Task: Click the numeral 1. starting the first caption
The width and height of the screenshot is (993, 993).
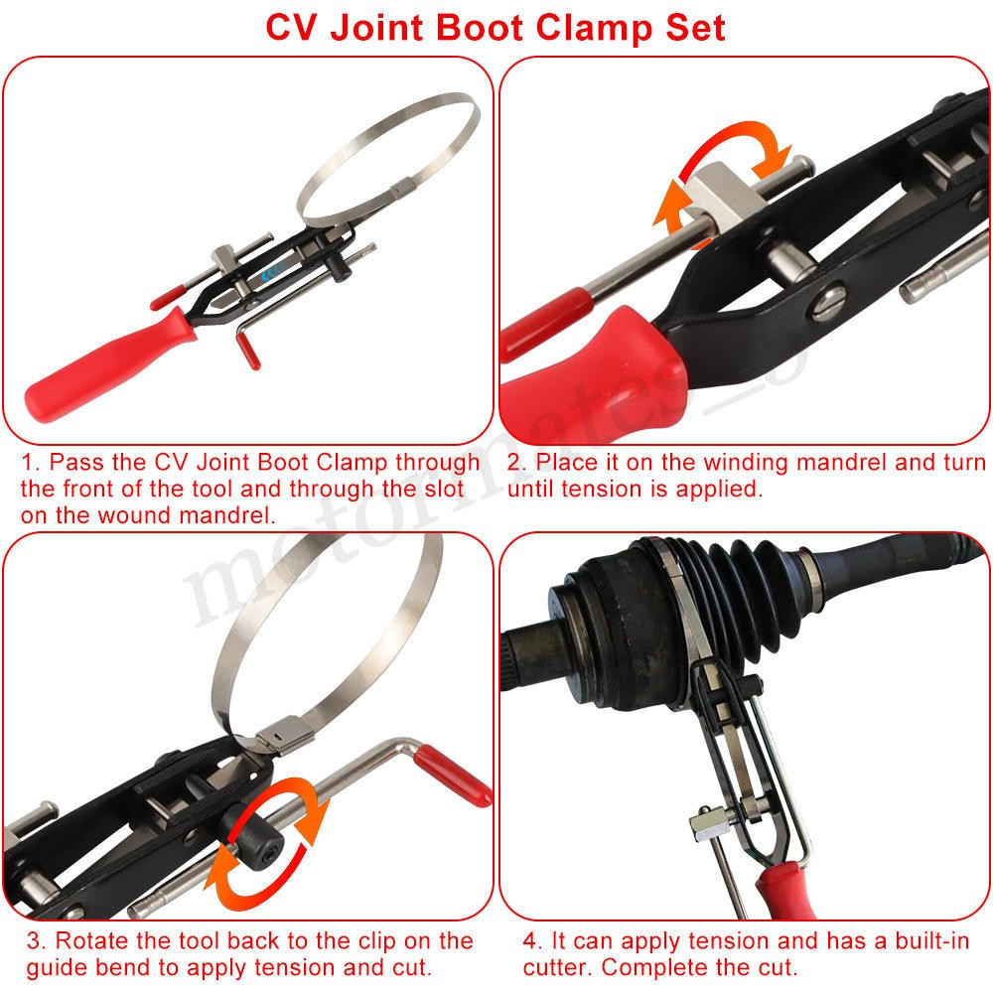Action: (31, 463)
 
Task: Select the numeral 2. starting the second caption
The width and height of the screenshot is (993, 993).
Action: (516, 463)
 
